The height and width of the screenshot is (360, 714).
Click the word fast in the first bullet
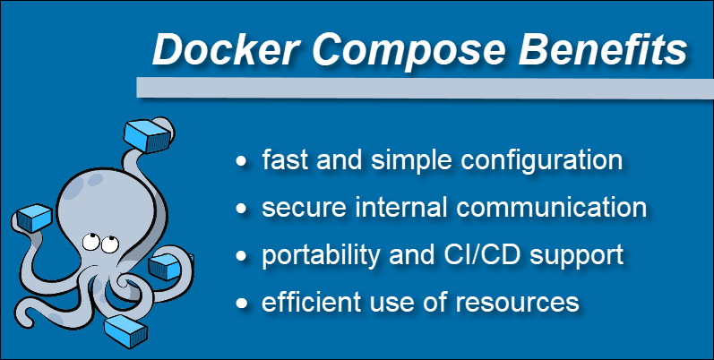[x=281, y=161]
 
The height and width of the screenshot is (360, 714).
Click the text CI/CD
[x=488, y=254]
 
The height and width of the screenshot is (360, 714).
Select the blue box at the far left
[x=34, y=219]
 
